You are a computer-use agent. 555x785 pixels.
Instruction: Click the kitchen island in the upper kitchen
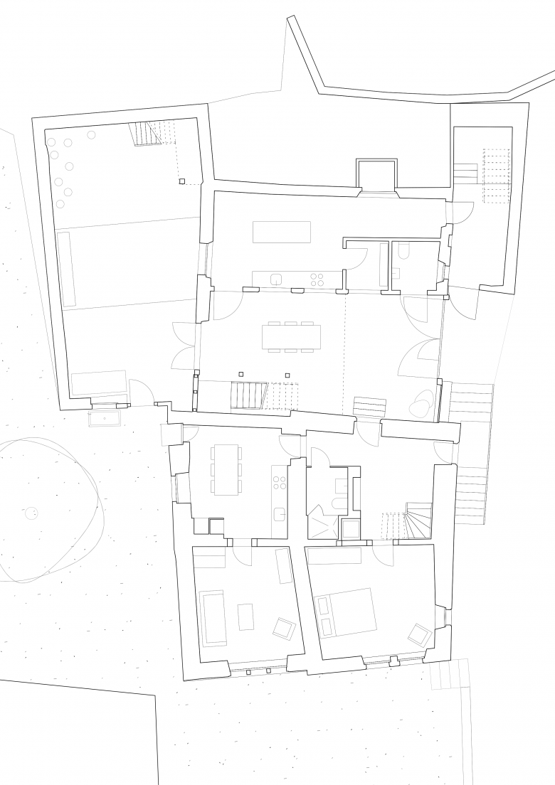click(x=282, y=232)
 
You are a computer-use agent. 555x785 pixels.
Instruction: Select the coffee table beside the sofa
click(x=245, y=616)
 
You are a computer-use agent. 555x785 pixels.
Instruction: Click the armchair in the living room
click(x=285, y=627)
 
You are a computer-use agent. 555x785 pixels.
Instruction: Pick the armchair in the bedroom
click(x=419, y=633)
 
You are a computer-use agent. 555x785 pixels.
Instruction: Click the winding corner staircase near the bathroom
click(x=418, y=520)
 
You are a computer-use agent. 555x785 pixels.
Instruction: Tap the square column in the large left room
click(x=182, y=181)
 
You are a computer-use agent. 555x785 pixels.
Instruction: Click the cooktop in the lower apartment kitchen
click(x=279, y=481)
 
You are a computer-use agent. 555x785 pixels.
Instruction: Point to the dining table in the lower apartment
click(x=226, y=469)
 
